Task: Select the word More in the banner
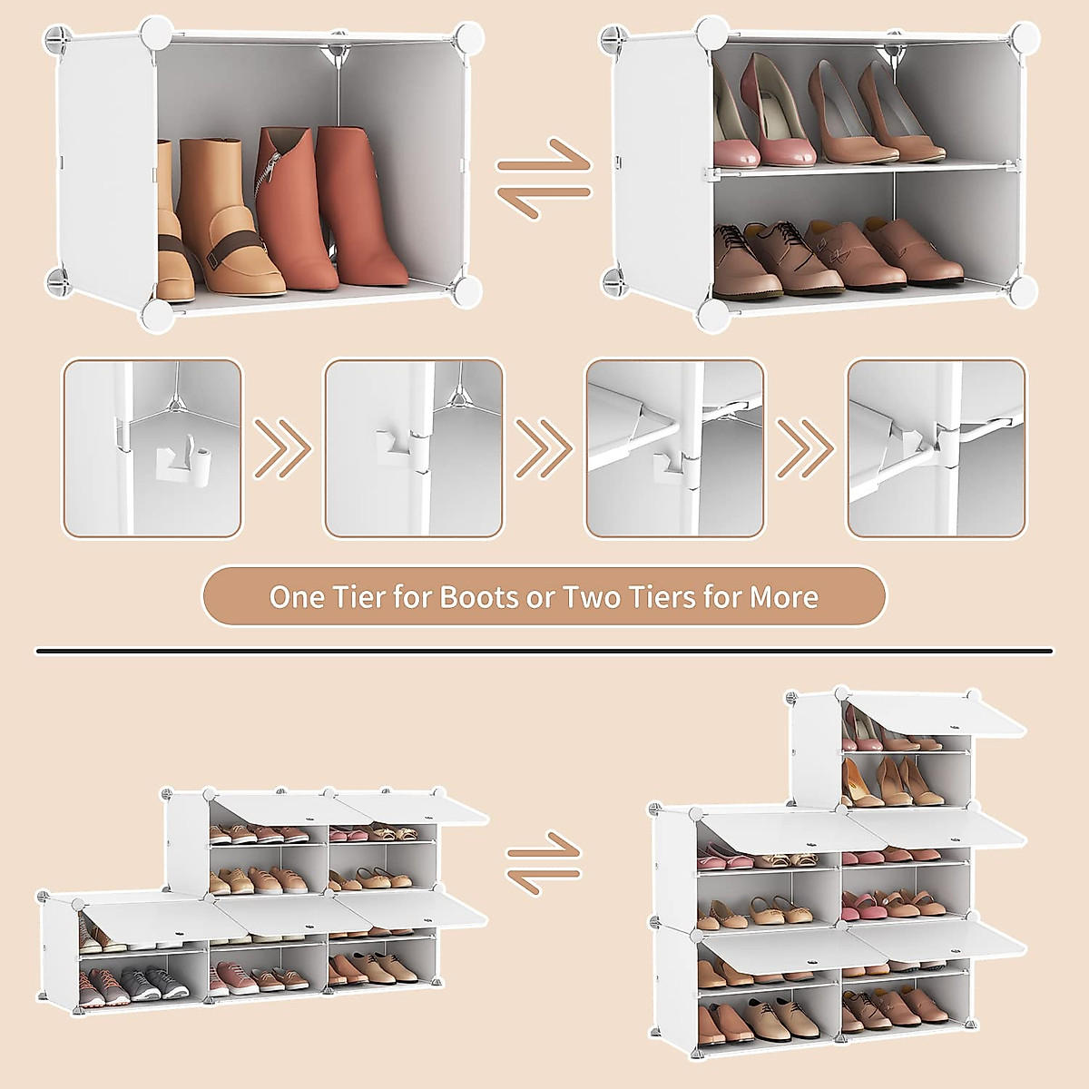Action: point(784,597)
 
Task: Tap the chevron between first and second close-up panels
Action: point(282,447)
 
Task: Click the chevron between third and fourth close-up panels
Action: point(806,447)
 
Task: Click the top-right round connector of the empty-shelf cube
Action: point(468,37)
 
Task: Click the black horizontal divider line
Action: point(544,651)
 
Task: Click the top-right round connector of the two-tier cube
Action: point(1025,37)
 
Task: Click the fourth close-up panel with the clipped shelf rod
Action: point(936,447)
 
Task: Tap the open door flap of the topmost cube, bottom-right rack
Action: point(935,714)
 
